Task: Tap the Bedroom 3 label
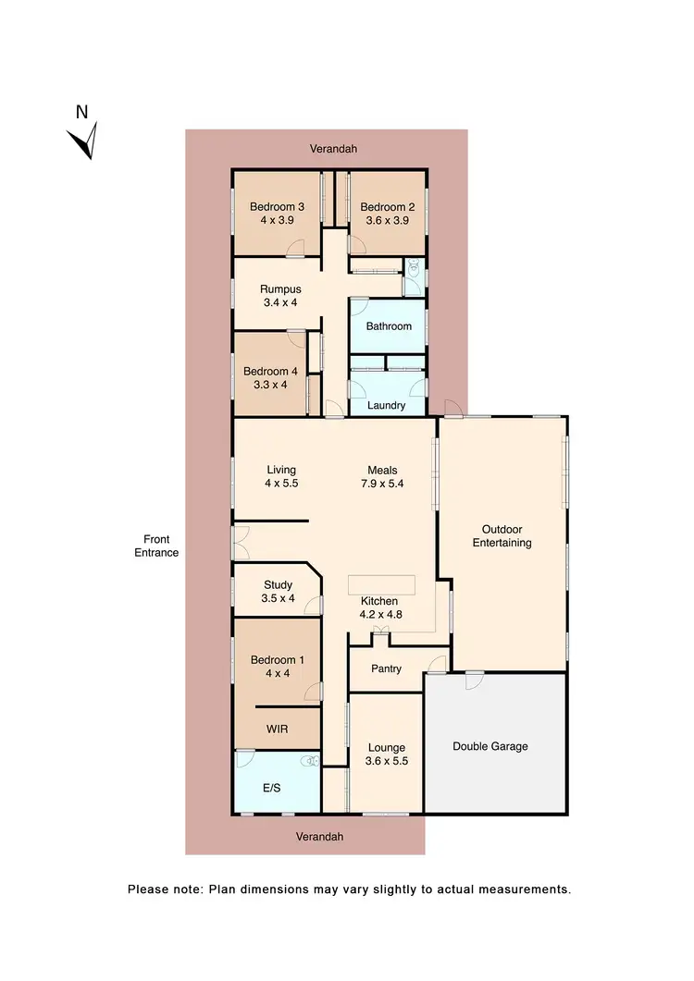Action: point(277,206)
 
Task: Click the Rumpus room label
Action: point(280,289)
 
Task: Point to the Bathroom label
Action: point(388,326)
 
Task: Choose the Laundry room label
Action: point(386,405)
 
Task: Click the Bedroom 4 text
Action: point(269,372)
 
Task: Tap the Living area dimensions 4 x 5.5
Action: point(280,484)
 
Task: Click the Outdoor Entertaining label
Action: point(502,536)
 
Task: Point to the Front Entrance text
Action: point(155,546)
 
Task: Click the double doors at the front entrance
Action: point(241,543)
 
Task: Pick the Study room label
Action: point(278,584)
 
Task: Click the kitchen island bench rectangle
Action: point(382,585)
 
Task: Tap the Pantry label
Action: point(386,668)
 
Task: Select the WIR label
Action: point(277,730)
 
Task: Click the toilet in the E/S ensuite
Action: point(314,761)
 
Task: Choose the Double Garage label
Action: point(490,746)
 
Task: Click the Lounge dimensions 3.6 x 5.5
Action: point(386,762)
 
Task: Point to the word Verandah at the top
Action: point(333,148)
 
